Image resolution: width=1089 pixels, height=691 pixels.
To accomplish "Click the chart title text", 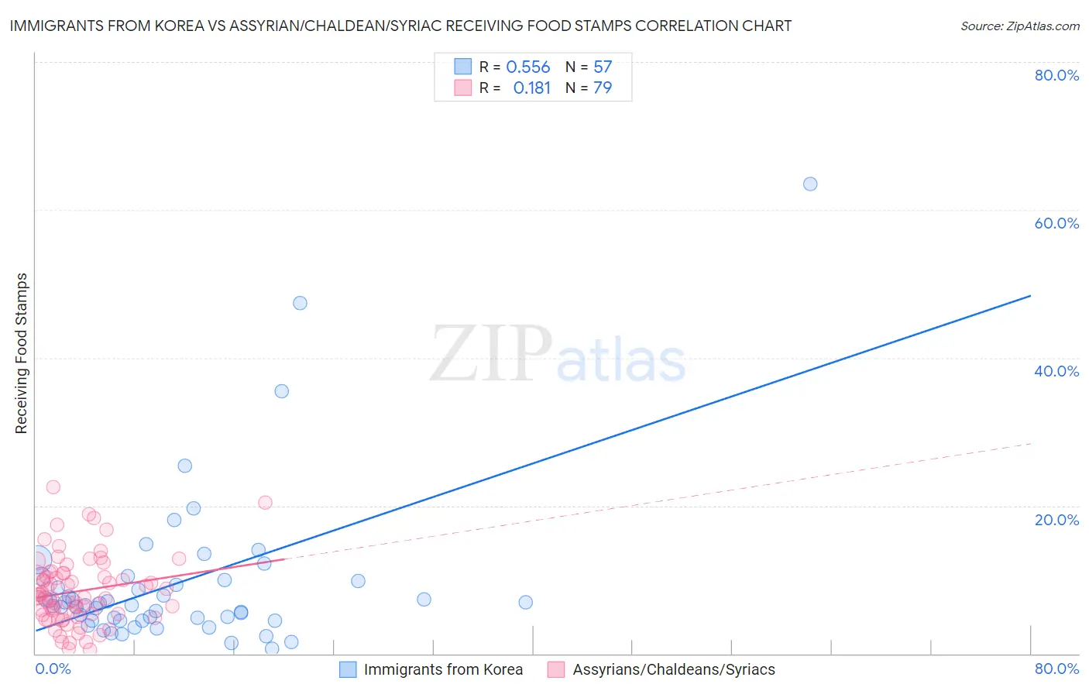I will click(x=400, y=26).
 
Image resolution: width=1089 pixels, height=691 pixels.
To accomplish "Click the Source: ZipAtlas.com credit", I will click(x=1019, y=26).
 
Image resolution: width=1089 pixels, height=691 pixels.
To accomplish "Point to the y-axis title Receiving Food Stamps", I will click(x=21, y=353).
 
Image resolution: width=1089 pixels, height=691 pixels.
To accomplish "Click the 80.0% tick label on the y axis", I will click(x=1056, y=75).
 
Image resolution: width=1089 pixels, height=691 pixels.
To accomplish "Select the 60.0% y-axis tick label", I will click(x=1056, y=223).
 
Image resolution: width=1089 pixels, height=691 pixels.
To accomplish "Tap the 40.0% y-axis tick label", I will click(x=1056, y=371).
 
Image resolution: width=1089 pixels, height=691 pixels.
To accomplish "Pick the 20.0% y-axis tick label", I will click(x=1056, y=520).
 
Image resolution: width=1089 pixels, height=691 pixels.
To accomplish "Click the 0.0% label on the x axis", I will click(x=53, y=669).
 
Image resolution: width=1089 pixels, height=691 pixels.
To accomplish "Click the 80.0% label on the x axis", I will click(x=1056, y=669).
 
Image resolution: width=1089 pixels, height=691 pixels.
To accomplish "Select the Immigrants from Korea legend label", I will click(x=443, y=670).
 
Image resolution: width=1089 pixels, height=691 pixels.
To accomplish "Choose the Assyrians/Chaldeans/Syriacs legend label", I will click(x=674, y=670).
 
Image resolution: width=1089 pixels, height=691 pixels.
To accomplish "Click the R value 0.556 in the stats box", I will click(x=527, y=67).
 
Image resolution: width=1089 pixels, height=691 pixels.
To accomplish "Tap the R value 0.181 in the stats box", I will click(x=531, y=88).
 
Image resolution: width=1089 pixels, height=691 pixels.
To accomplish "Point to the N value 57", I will click(x=603, y=67).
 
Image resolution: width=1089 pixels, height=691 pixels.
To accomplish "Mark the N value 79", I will click(x=603, y=88).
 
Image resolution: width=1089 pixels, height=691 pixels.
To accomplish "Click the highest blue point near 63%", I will click(x=810, y=184).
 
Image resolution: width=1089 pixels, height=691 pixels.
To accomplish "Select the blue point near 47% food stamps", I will click(x=300, y=303).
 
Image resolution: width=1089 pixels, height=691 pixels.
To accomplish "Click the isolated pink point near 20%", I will click(x=265, y=502).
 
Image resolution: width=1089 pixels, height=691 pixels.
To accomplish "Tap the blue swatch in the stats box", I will click(x=462, y=67).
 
